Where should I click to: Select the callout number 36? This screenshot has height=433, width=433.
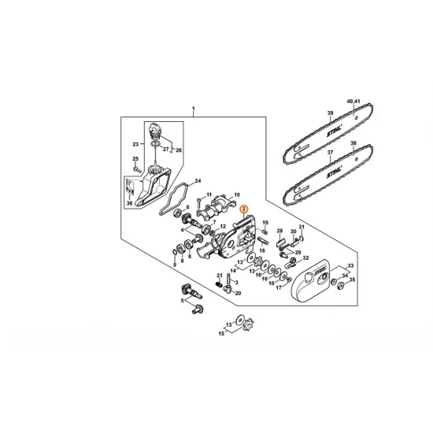[x=129, y=202]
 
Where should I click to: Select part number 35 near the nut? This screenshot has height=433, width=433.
[x=352, y=279]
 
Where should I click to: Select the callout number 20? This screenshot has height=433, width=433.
[x=238, y=292]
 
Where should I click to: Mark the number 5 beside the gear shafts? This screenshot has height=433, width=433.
[x=182, y=300]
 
